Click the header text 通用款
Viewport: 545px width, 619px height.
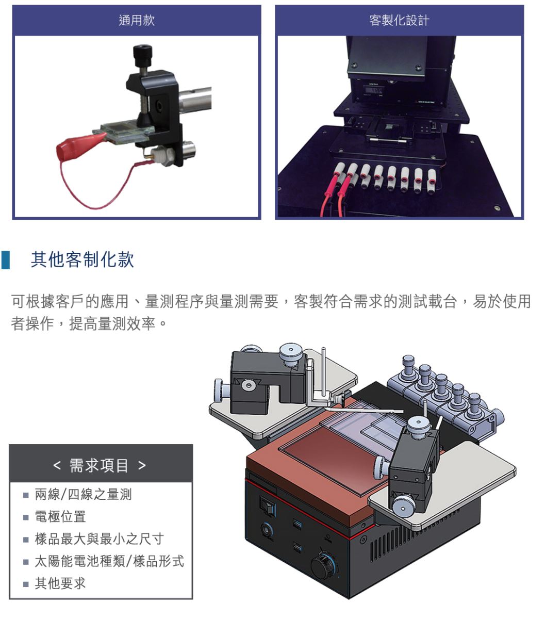pos(137,21)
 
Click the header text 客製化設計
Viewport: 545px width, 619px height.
pos(399,21)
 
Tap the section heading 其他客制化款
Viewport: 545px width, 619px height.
pos(82,260)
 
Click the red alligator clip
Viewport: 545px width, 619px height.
pos(80,145)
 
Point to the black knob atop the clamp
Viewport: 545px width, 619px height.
pos(143,54)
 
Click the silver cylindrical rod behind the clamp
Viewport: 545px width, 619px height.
pos(195,99)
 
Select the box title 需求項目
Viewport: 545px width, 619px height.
pos(99,465)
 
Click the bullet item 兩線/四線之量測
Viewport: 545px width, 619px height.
pos(83,494)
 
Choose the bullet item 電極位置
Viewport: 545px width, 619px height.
pos(60,516)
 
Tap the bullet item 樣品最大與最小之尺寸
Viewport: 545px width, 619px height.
pos(100,539)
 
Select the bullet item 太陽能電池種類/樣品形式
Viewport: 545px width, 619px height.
pos(109,561)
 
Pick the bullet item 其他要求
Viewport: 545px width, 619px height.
pos(60,583)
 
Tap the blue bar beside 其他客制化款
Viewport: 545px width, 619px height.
pos(6,260)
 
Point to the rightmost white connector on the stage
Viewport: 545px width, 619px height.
pos(432,182)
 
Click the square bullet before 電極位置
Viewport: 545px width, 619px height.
pos(26,517)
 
